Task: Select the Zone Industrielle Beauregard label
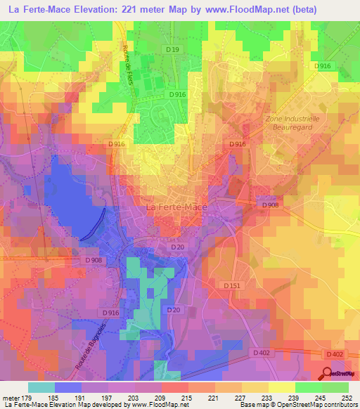point(292,124)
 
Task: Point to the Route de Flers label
point(131,74)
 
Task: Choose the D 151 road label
point(232,285)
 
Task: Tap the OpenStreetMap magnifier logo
point(328,372)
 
